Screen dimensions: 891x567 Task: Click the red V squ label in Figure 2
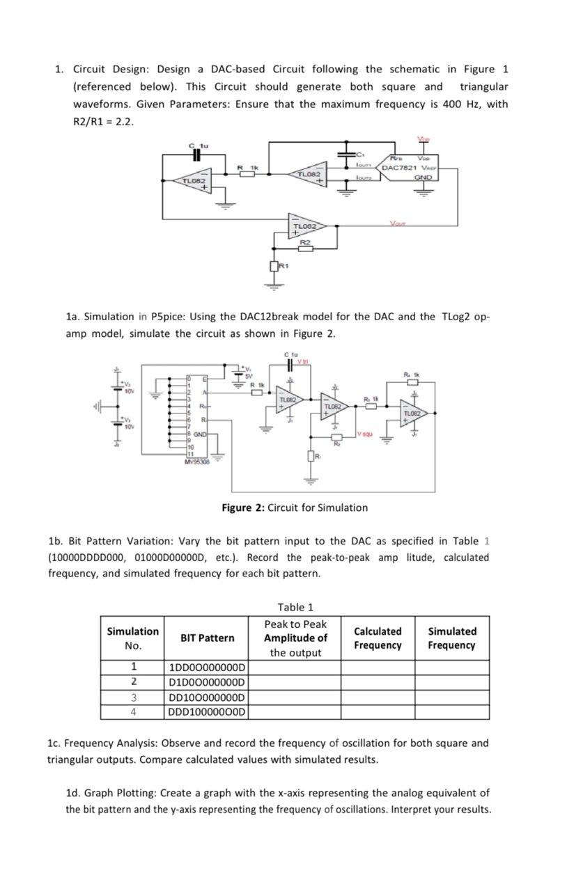(x=366, y=434)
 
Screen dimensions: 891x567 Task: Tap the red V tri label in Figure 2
(x=304, y=360)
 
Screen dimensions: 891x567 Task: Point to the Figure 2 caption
(x=295, y=507)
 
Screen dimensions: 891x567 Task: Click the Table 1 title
(x=295, y=607)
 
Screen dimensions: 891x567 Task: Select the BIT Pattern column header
(x=207, y=638)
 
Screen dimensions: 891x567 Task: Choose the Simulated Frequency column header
(x=451, y=638)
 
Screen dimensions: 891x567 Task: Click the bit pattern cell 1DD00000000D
(x=207, y=668)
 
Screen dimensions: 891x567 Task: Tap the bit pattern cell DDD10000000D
(x=207, y=711)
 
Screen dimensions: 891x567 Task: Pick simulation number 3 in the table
(x=132, y=697)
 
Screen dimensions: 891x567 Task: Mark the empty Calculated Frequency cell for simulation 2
(x=377, y=682)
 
